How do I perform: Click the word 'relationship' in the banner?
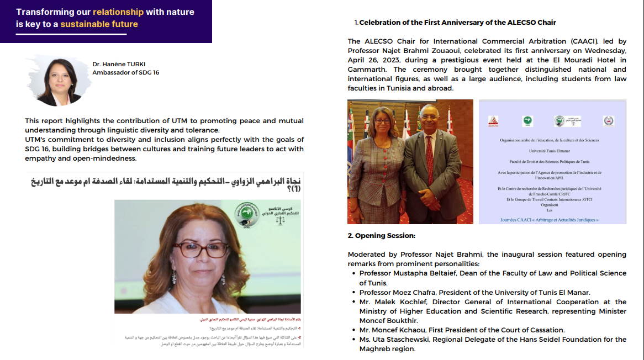tap(118, 12)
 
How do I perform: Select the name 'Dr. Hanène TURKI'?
tap(120, 64)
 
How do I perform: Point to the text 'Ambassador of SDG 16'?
tap(125, 72)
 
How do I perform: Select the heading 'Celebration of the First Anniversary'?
tap(457, 23)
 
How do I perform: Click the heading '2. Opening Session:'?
tap(381, 236)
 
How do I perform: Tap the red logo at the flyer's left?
tap(494, 120)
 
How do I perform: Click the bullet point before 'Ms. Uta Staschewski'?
tap(353, 340)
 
